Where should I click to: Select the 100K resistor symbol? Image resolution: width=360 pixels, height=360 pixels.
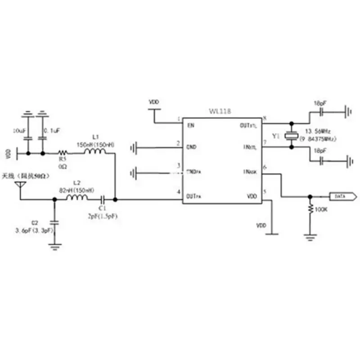click(310, 210)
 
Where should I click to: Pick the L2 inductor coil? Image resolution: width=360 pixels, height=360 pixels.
click(77, 198)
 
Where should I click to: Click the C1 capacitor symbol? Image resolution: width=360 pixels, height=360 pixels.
click(103, 198)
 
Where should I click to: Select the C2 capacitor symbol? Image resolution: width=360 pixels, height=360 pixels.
click(55, 222)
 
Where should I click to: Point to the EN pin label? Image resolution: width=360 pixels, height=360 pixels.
click(191, 126)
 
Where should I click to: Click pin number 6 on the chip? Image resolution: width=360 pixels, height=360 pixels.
click(265, 167)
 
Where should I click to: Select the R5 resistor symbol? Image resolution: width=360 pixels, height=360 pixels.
click(63, 153)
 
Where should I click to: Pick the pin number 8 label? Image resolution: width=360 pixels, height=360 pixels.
click(265, 118)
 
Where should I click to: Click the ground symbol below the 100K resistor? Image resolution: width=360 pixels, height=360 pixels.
click(310, 236)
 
